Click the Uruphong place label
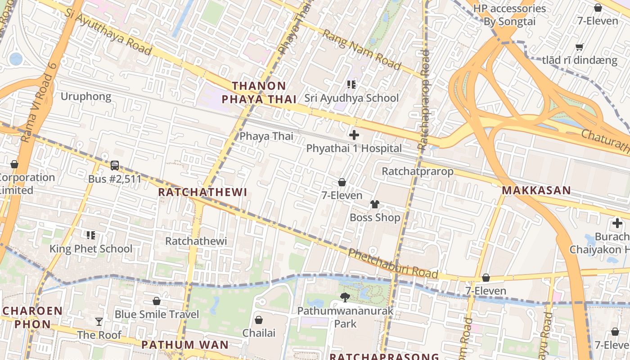click(x=85, y=97)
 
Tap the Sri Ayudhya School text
click(x=351, y=98)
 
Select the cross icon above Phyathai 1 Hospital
click(x=354, y=135)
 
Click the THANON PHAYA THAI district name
click(x=264, y=93)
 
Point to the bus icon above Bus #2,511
click(x=115, y=166)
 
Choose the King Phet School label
click(x=91, y=249)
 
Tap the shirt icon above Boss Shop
click(x=375, y=204)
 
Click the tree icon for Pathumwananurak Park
click(x=345, y=297)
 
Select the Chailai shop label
click(x=259, y=333)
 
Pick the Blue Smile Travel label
click(x=157, y=314)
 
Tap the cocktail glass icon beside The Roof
click(x=99, y=321)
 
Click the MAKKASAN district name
click(x=536, y=190)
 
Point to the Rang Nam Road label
click(x=361, y=50)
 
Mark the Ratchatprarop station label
click(x=418, y=171)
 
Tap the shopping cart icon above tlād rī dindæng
click(x=580, y=47)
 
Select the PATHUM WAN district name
click(x=185, y=345)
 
